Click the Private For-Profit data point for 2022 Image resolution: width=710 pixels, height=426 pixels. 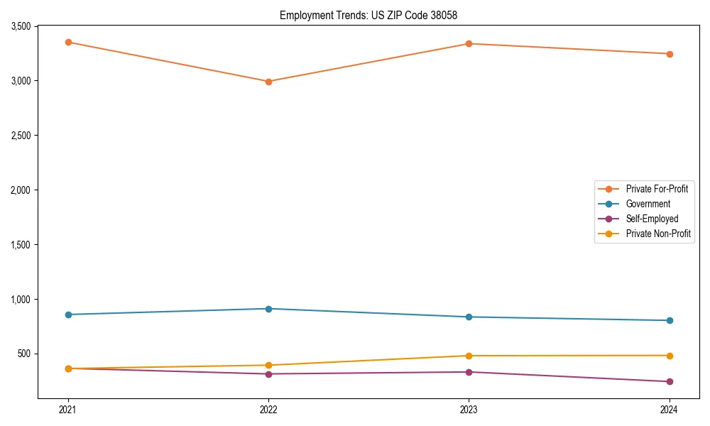click(x=268, y=82)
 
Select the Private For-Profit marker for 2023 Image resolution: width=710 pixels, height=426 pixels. click(x=469, y=44)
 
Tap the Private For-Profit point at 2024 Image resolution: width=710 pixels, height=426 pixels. click(x=669, y=54)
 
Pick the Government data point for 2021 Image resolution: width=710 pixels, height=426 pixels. click(x=68, y=315)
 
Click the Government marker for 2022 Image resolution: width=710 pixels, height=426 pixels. click(x=268, y=309)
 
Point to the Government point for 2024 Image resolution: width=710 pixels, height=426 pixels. click(x=669, y=320)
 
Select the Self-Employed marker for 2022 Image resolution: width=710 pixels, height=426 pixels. click(x=268, y=374)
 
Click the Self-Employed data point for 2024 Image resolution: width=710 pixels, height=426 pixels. click(x=669, y=382)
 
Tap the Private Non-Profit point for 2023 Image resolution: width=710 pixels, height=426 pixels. click(x=469, y=356)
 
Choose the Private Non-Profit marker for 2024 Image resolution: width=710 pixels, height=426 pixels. click(x=669, y=356)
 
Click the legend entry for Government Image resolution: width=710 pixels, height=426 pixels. click(x=648, y=204)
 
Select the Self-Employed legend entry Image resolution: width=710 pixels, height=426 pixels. click(x=652, y=219)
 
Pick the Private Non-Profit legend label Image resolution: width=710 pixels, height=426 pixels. click(x=658, y=234)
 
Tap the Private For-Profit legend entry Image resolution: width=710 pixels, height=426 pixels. click(x=657, y=189)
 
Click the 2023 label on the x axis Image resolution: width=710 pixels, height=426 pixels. click(x=469, y=409)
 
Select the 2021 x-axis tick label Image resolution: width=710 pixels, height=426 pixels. click(x=68, y=409)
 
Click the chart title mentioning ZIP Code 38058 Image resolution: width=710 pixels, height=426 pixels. click(x=368, y=15)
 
